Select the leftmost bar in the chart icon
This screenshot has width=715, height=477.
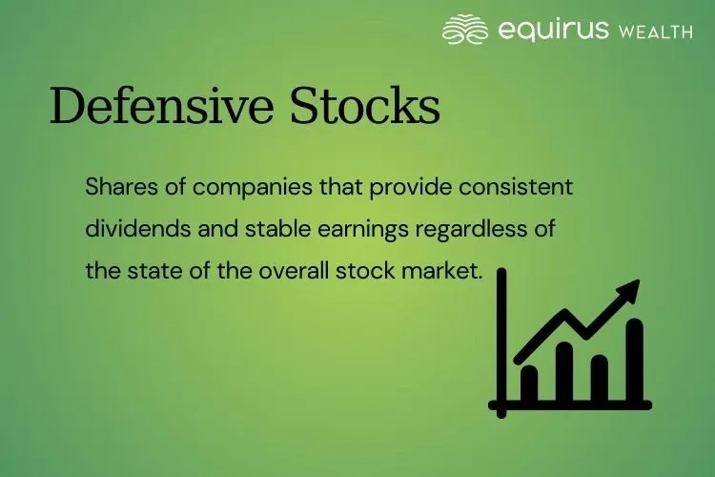click(x=529, y=383)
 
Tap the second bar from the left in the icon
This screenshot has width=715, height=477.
click(x=564, y=372)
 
